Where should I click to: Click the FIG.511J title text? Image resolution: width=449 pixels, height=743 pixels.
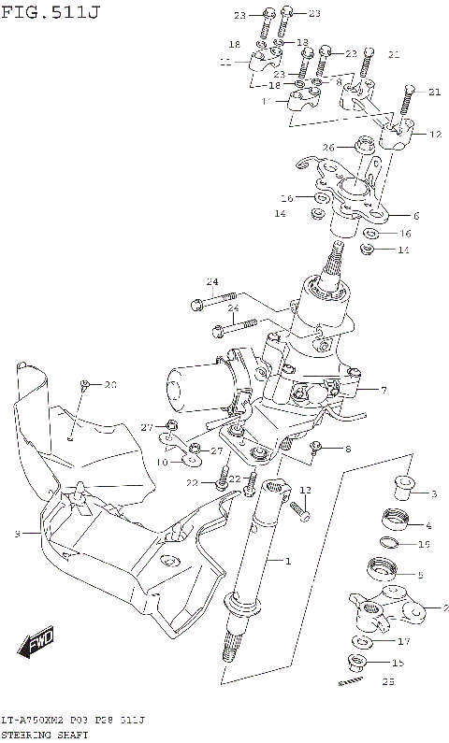click(50, 11)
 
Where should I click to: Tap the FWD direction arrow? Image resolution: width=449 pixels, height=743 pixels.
click(38, 644)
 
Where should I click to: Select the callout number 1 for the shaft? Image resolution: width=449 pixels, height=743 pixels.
click(288, 560)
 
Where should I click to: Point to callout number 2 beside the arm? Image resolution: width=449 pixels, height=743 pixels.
click(432, 607)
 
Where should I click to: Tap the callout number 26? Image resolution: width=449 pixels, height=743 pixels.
click(329, 147)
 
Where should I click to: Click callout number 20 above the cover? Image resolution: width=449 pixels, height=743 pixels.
click(110, 384)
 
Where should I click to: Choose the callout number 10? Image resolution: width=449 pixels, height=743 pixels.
click(162, 462)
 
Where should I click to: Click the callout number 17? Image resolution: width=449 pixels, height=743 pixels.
click(403, 641)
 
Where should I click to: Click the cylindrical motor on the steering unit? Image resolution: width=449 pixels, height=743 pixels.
click(197, 386)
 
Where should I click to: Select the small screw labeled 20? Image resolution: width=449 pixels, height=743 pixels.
click(84, 385)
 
